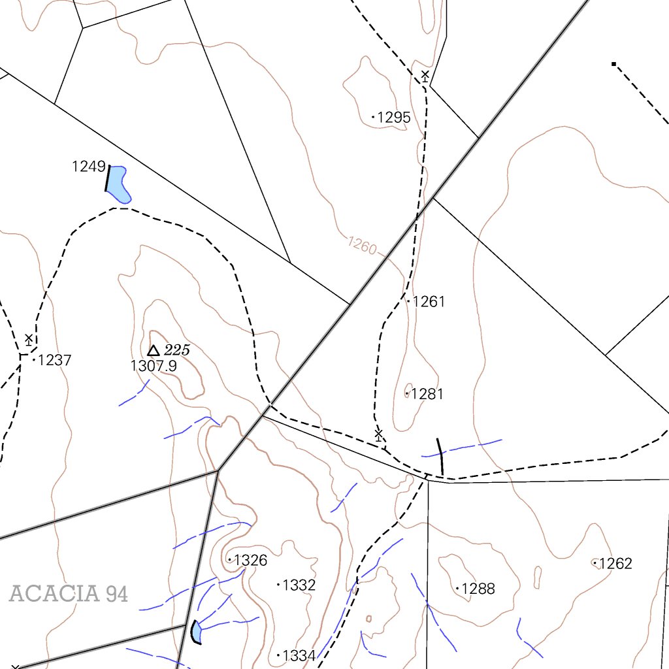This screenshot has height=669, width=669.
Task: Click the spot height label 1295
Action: pos(394,118)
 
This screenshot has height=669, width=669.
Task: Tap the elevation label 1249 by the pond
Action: pos(89,167)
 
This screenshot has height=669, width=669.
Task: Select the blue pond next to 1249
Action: pos(118,184)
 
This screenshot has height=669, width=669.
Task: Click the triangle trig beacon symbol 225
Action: pos(154,351)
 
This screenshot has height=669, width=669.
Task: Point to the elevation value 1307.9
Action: pos(154,366)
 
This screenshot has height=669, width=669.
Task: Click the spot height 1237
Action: pos(55,360)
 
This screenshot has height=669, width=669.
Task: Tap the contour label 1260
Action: pos(362,246)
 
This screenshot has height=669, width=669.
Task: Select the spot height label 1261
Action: pos(429,302)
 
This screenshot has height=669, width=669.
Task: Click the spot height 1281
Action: pos(427,394)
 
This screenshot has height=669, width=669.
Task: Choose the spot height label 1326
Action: pos(250,561)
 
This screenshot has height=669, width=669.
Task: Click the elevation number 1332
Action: pos(299,585)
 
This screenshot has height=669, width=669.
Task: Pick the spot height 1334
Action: pos(299,655)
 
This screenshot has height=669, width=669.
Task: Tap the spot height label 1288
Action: pos(478,589)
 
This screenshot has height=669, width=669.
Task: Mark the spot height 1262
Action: pos(615,563)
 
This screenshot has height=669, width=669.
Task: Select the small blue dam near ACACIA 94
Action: pos(197,632)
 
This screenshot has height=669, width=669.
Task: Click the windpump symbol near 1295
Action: pos(425,76)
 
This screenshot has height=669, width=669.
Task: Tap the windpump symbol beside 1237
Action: pos(29,339)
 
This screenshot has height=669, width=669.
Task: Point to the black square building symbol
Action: pos(613,64)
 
